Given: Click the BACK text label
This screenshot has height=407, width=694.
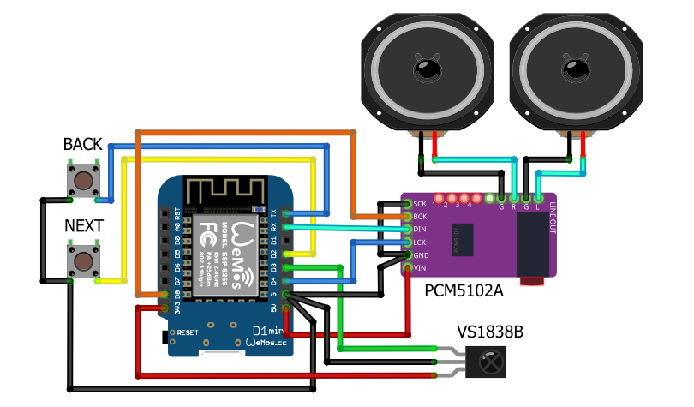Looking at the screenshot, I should pos(82,145).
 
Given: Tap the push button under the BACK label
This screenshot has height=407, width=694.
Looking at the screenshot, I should pos(82,181).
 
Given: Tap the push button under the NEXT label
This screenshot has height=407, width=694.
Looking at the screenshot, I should pos(82,261).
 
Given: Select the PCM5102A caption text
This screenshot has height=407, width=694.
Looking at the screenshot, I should pos(463,291).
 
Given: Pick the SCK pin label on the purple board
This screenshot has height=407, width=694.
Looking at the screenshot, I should pos(420,204).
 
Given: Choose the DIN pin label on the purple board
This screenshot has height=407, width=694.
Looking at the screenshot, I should pos(420,230).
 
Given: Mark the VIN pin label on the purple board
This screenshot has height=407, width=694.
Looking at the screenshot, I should pos(420,268).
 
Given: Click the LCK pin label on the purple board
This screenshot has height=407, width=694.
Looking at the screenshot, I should pos(420,242).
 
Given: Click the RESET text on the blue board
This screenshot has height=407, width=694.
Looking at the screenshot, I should pos(188,331).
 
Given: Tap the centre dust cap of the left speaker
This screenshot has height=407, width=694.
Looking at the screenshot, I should pos(425,68).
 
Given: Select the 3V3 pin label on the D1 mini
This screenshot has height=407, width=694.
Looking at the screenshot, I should pos(177,308).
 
